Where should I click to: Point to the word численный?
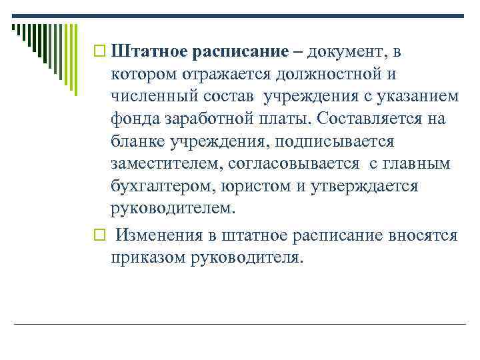click(151, 97)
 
